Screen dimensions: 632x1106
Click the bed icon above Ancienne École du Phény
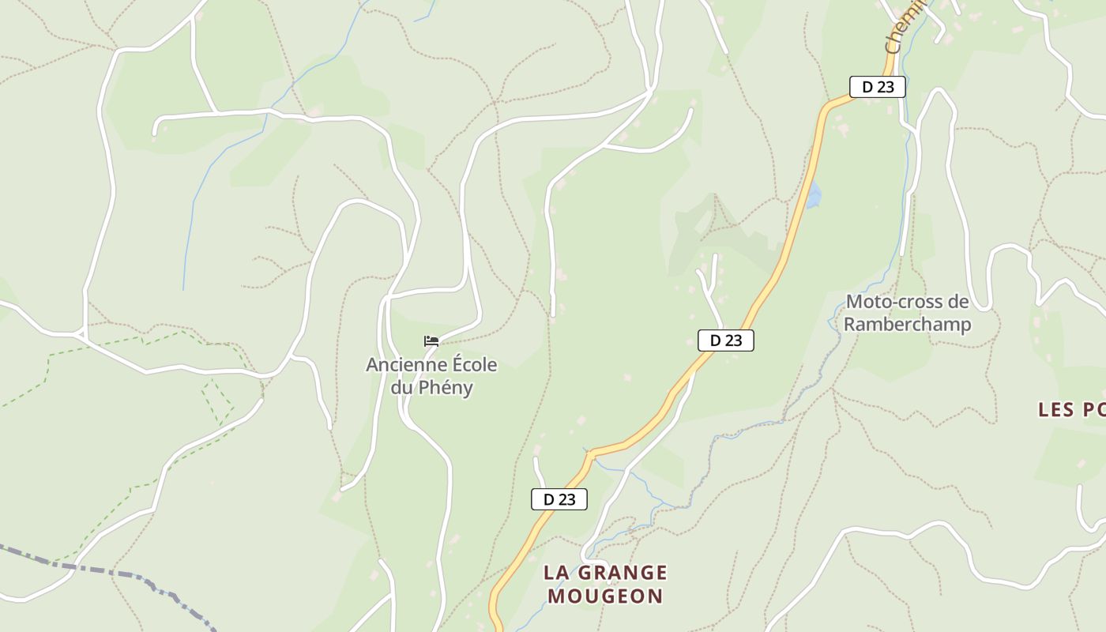(431, 341)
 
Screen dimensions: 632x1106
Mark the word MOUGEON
(605, 596)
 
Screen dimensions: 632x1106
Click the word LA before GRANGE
(556, 573)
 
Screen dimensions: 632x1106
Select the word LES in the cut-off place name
(1056, 409)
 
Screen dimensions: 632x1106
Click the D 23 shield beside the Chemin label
(877, 87)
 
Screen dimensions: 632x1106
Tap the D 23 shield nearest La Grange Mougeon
(559, 499)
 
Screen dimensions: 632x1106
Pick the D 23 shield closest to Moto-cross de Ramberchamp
(725, 340)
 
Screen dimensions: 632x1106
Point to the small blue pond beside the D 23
(813, 195)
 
